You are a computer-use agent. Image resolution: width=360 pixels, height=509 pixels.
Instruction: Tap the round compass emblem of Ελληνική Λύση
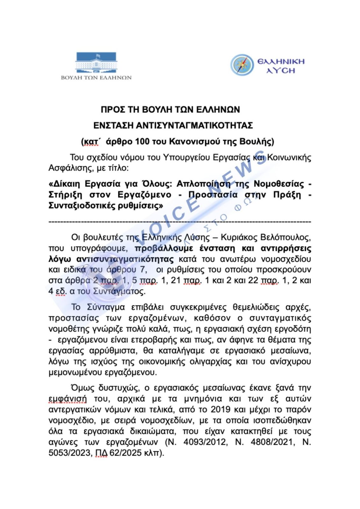click(x=242, y=65)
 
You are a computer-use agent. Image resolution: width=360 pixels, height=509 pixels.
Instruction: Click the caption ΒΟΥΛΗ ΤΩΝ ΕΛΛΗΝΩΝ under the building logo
click(x=96, y=78)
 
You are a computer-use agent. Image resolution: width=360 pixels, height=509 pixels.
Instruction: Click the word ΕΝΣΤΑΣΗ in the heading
click(x=113, y=126)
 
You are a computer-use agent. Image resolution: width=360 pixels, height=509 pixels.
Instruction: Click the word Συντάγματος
click(x=119, y=291)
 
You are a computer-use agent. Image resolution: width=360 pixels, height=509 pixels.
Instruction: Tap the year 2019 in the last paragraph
click(x=221, y=409)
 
